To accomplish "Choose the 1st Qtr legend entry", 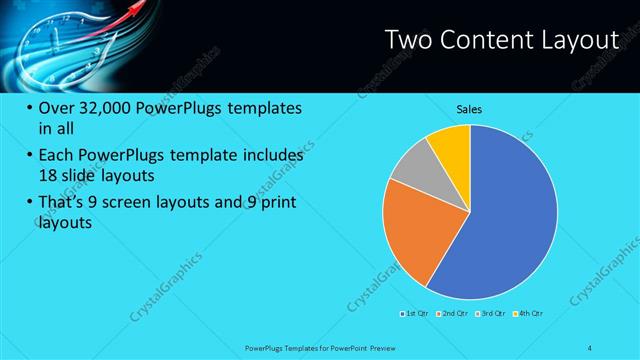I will pyautogui.click(x=415, y=315).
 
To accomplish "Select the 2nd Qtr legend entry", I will pyautogui.click(x=456, y=315).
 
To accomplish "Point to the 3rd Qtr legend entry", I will pyautogui.click(x=495, y=315).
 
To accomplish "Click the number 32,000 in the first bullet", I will pyautogui.click(x=101, y=108).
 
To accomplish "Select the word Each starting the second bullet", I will pyautogui.click(x=59, y=156).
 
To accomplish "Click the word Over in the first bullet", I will pyautogui.click(x=59, y=108).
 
